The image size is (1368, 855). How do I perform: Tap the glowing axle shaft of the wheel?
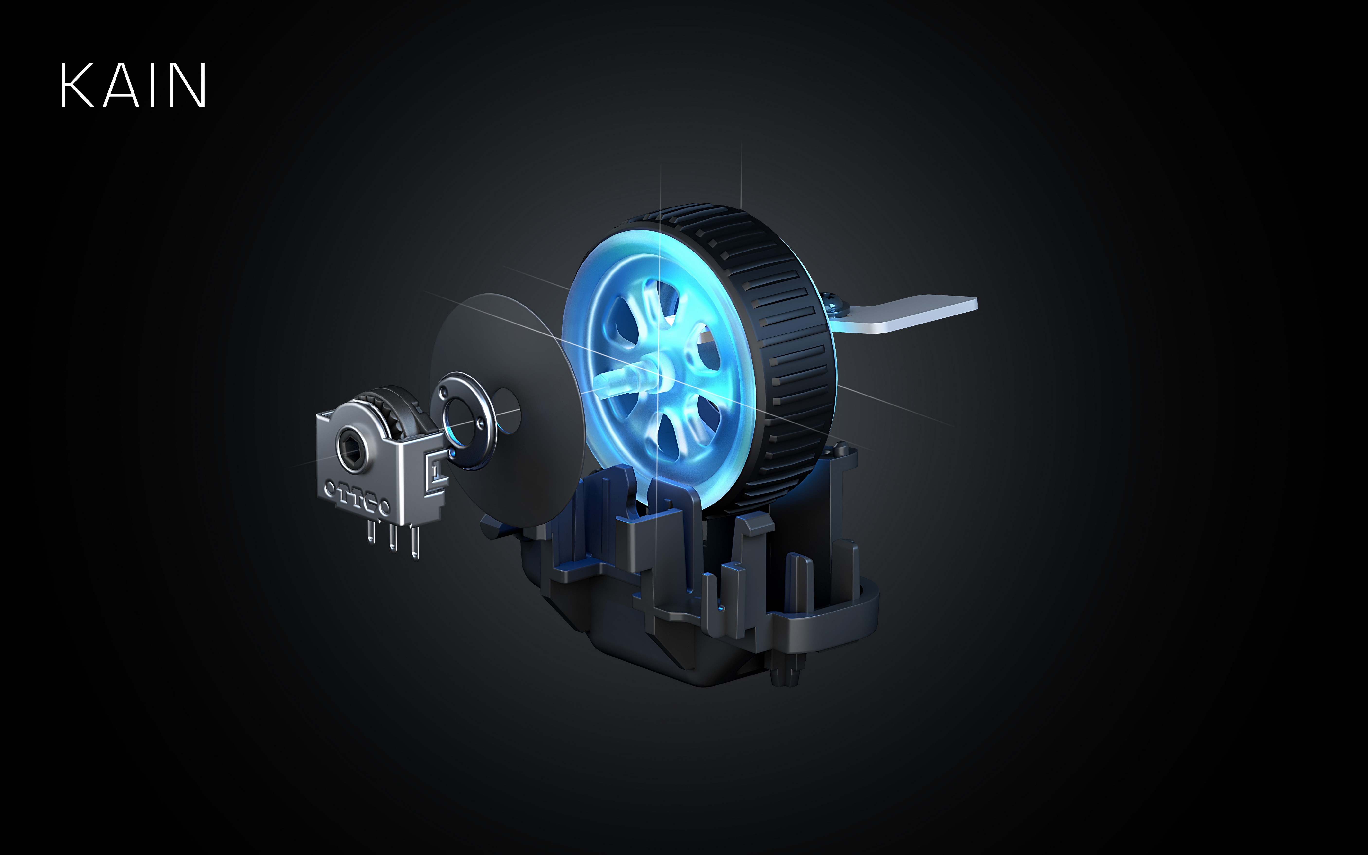click(622, 379)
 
